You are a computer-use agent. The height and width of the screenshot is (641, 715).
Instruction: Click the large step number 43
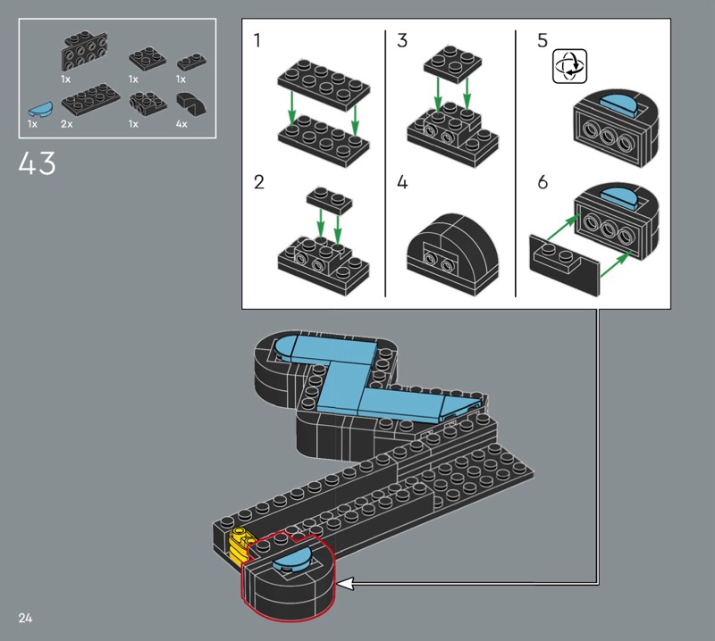click(37, 163)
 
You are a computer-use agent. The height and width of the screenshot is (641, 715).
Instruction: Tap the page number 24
click(25, 618)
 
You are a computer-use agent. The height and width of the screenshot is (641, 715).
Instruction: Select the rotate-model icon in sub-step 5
click(569, 67)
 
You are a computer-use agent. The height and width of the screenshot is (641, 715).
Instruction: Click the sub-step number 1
click(257, 40)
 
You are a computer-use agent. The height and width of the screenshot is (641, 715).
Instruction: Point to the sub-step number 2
click(258, 182)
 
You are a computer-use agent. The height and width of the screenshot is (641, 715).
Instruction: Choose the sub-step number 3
click(401, 40)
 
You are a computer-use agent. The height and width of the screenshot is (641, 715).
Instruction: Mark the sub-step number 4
click(401, 182)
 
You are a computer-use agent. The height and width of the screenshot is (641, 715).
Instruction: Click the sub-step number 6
click(543, 182)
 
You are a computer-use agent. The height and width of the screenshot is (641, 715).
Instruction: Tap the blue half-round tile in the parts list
click(40, 109)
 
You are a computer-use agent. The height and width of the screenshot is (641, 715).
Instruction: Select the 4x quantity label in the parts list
click(181, 124)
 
